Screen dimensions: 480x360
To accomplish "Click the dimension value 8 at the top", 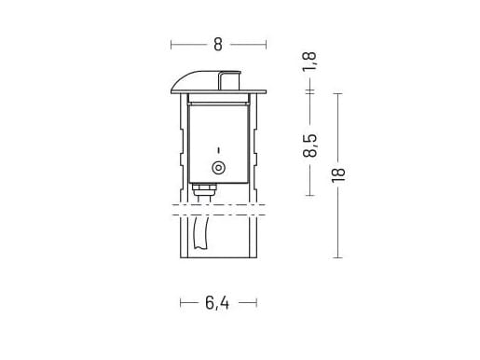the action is [x=218, y=45].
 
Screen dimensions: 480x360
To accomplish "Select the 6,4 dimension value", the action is [x=217, y=302].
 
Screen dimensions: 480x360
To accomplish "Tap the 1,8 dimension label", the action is [x=309, y=62].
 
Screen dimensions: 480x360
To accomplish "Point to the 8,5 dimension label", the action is [x=309, y=145].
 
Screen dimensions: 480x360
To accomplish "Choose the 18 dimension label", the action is [x=338, y=175].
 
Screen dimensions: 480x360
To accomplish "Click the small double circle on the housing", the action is [x=218, y=168].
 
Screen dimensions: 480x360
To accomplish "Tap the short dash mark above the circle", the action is [x=218, y=150].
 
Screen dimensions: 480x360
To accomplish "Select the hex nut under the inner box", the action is [x=204, y=187].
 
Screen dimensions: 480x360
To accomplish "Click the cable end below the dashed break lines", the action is [x=200, y=233].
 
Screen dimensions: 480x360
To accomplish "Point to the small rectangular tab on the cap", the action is [x=229, y=80].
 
